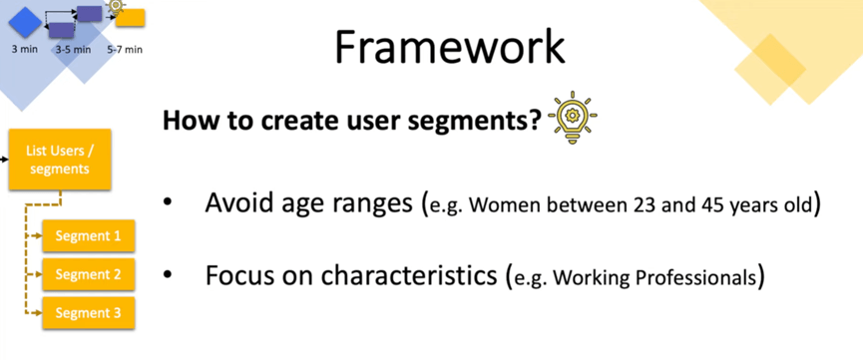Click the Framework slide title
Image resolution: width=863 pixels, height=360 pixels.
450,47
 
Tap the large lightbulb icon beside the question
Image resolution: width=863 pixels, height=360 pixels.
573,118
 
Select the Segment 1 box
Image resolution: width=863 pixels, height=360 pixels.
88,236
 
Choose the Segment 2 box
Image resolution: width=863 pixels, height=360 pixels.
88,274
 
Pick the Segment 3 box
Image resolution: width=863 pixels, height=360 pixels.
88,313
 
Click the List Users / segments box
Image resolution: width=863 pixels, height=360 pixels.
60,160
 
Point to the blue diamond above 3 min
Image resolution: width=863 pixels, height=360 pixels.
25,23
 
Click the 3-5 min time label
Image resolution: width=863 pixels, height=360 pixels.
73,50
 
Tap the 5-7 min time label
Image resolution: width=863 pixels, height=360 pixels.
125,50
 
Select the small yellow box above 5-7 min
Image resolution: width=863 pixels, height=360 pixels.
131,18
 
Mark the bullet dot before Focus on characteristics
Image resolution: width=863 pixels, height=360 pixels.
168,276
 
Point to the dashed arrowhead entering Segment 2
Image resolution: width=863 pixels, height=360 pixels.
38,274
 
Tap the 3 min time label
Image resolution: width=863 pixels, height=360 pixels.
25,49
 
